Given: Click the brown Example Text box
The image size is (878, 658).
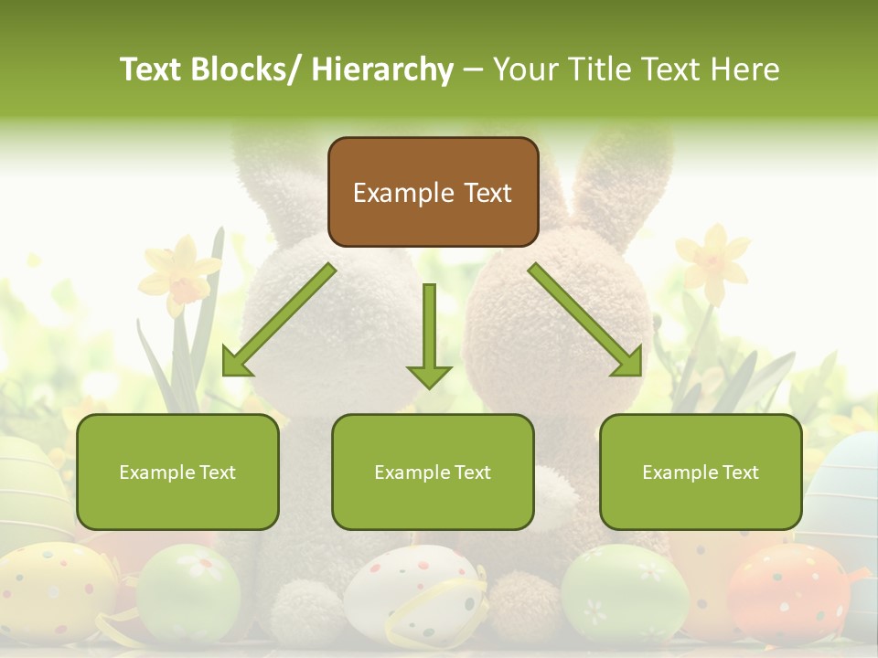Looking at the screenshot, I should (x=433, y=192).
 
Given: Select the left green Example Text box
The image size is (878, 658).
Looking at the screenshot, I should (x=177, y=472).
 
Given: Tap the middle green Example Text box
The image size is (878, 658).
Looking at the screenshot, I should (x=433, y=472).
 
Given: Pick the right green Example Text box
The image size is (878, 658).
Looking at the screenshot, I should (x=701, y=472).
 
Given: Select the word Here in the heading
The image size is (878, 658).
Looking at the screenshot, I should (x=746, y=69).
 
